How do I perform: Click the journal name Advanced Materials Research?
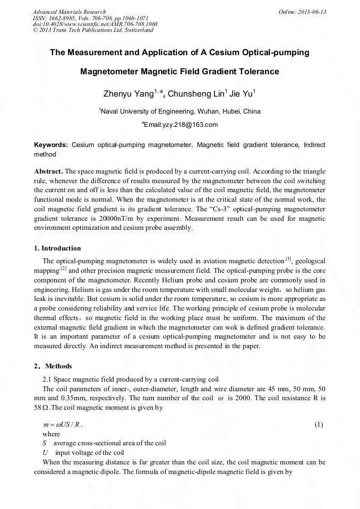click(x=69, y=12)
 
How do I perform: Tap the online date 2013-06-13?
click(x=312, y=12)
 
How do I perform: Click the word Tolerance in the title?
click(x=254, y=71)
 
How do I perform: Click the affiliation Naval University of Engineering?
click(x=145, y=111)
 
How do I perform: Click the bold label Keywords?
click(x=51, y=144)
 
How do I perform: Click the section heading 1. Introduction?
click(x=57, y=248)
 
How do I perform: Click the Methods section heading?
click(x=58, y=366)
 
